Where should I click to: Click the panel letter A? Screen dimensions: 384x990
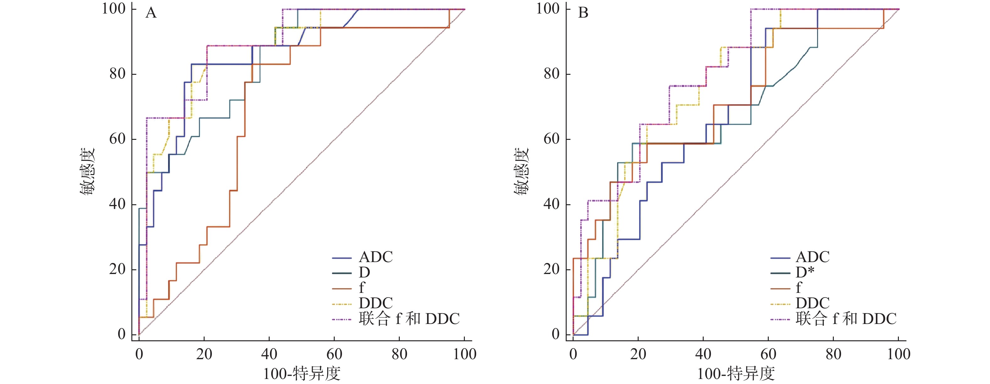pos(151,14)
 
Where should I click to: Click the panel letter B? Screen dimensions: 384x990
pos(583,14)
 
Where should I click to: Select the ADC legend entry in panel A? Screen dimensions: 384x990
pos(376,257)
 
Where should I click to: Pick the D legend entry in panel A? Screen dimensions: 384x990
pos(364,272)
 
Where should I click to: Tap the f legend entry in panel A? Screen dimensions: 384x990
pos(362,288)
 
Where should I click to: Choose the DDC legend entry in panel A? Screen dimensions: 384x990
pos(376,303)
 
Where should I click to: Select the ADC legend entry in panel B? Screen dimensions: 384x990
pos(812,257)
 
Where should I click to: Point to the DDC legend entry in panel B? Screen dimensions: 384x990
pos(812,303)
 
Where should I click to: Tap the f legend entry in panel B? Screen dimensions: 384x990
pos(799,288)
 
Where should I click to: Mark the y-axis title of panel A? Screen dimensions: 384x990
pos(87,172)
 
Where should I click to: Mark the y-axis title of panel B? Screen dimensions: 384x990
pos(521,172)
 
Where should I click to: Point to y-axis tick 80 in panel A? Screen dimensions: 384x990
pos(118,74)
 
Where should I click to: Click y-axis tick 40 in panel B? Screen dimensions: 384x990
pos(552,204)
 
